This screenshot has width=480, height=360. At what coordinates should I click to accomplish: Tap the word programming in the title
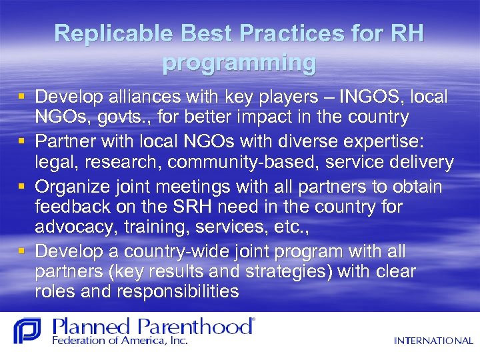pyautogui.click(x=239, y=63)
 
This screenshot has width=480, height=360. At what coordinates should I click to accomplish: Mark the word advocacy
pyautogui.click(x=77, y=227)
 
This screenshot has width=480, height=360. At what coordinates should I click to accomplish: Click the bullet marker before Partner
pyautogui.click(x=23, y=143)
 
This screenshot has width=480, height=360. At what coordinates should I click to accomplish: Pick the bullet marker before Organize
pyautogui.click(x=23, y=187)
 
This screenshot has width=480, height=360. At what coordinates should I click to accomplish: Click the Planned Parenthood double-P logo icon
pyautogui.click(x=27, y=331)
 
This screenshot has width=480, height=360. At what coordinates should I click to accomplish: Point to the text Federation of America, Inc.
pyautogui.click(x=121, y=341)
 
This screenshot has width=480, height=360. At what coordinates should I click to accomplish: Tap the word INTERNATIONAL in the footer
pyautogui.click(x=433, y=341)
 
